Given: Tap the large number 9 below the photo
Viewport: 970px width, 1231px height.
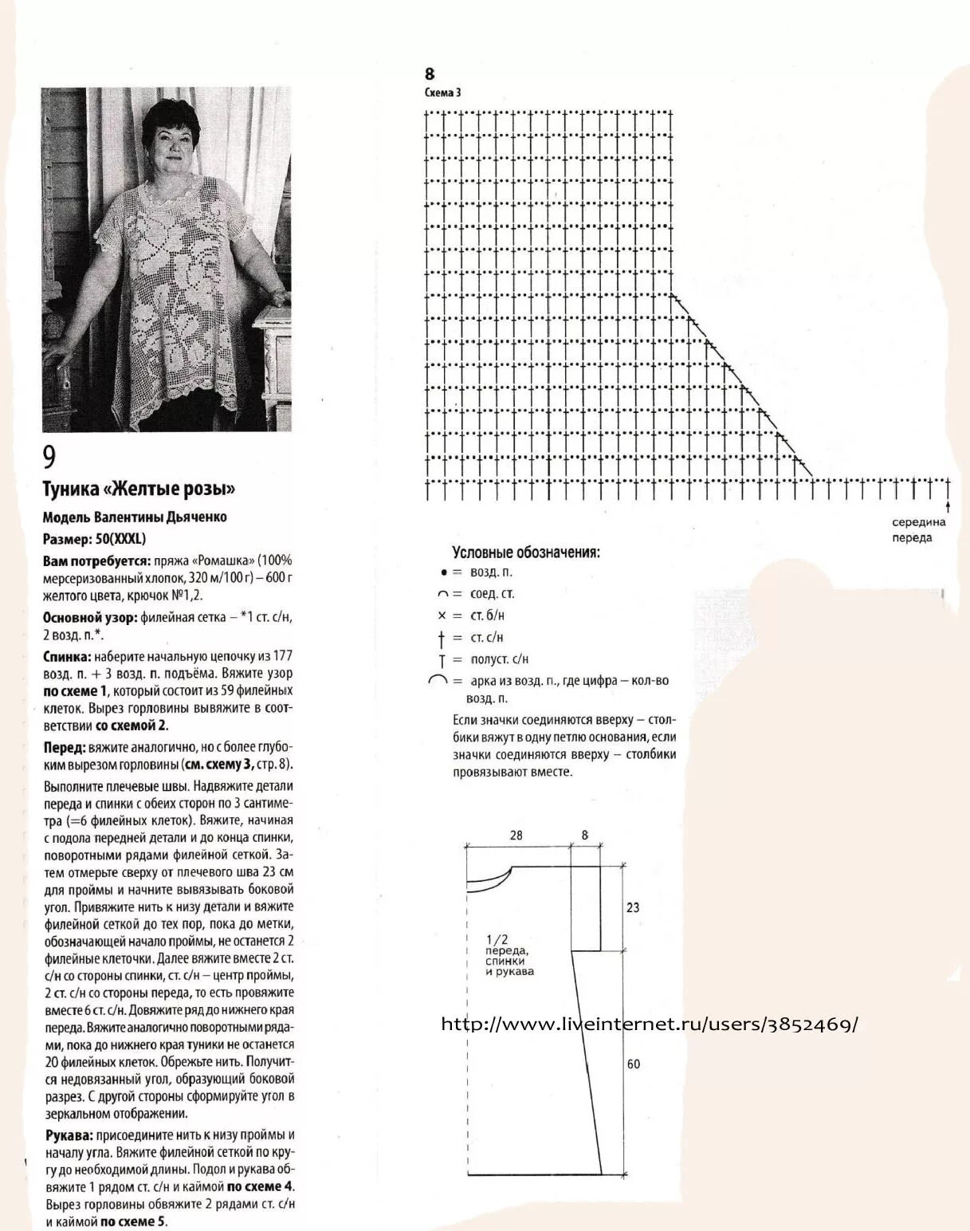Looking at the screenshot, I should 49,458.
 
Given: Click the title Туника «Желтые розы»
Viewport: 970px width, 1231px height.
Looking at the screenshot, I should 139,489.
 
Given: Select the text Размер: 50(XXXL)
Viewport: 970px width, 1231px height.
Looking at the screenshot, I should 94,539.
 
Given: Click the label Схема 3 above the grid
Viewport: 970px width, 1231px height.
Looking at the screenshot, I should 442,92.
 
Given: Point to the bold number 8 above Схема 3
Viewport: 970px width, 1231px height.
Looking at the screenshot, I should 430,74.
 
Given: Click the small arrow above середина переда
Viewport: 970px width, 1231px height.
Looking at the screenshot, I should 947,506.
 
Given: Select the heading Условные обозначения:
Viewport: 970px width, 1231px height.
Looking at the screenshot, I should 525,553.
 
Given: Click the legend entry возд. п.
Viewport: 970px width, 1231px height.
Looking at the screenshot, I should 491,572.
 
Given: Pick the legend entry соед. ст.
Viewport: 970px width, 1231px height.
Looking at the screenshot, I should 492,594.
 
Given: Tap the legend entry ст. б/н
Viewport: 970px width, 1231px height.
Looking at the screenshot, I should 487,615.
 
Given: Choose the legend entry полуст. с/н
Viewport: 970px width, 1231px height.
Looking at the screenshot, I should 499,659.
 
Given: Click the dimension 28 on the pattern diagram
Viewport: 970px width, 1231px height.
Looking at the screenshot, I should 516,836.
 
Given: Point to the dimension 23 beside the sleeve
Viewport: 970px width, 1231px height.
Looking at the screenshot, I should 633,907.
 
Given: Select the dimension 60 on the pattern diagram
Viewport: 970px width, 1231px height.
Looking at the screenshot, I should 633,1064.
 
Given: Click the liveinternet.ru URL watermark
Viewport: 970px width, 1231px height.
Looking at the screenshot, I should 650,1025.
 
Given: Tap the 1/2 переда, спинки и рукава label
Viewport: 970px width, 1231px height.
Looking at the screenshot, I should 508,955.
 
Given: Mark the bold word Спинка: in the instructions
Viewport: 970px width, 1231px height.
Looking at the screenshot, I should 68,656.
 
